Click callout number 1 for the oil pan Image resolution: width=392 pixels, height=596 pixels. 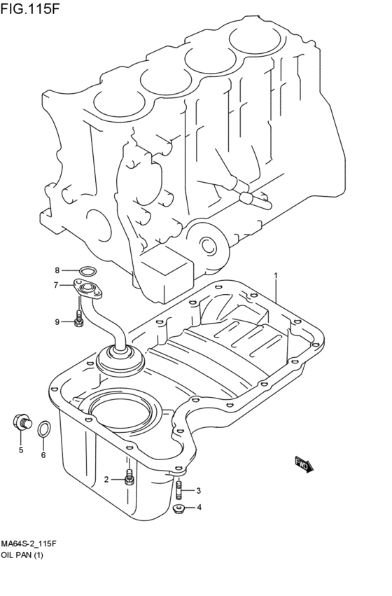276,275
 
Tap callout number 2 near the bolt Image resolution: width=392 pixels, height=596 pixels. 106,480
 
